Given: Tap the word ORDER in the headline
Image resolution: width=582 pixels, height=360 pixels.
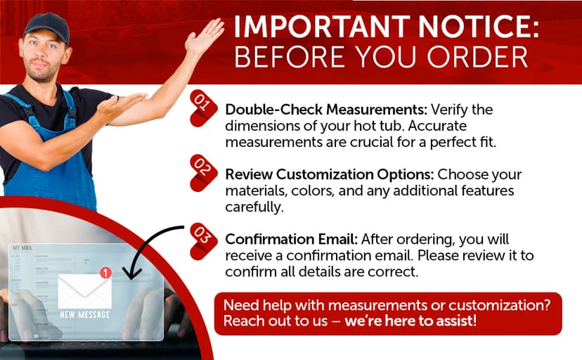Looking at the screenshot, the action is pos(477,57).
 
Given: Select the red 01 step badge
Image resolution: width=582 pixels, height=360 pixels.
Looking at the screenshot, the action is pos(203,108).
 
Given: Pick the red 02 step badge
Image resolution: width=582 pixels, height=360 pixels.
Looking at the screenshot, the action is pos(203,173).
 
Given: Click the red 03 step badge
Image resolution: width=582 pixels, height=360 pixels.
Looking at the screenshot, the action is pos(203,241).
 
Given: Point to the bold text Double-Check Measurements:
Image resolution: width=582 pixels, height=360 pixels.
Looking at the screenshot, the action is pos(326,110).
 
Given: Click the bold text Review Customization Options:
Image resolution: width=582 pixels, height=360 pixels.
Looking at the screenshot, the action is pos(330,174).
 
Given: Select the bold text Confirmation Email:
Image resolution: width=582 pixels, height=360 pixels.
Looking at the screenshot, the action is pos(292,239).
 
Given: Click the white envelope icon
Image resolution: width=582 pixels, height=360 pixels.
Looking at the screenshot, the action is pos(84,290).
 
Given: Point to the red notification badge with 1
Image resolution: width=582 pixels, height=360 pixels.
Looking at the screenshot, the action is pos(105,273).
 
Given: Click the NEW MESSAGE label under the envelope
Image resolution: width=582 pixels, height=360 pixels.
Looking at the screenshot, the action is pos(85,315).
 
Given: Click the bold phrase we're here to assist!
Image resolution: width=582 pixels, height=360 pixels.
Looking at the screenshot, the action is pos(410,321).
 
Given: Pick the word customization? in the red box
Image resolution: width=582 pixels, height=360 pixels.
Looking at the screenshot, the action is pos(500,305).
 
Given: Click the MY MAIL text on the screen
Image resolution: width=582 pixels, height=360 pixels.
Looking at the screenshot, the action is pos(22,247).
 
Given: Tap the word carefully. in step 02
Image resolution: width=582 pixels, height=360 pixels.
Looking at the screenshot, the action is pos(254,207).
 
